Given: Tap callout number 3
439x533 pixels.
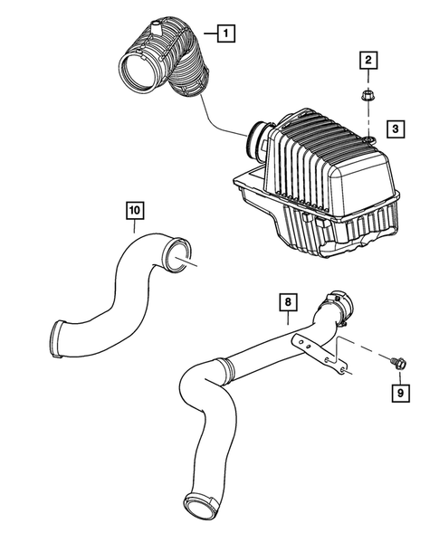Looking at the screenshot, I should point(396,129).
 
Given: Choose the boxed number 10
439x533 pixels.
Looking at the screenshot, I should point(134,211).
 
